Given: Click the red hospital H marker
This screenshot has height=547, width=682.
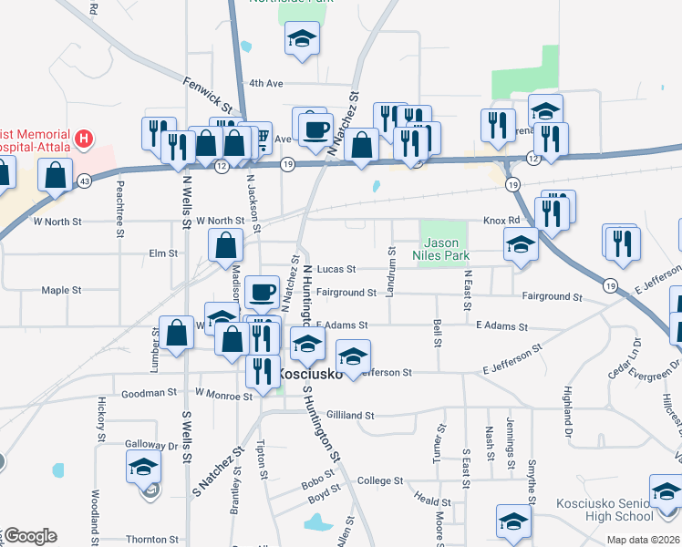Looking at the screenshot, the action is [x=84, y=139].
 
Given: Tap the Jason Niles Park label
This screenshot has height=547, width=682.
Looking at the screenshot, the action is [x=440, y=249].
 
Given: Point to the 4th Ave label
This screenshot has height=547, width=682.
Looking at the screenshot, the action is [x=267, y=83].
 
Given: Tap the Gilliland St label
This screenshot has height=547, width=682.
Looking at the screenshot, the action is [x=350, y=415].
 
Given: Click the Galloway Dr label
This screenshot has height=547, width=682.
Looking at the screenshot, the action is [x=151, y=446].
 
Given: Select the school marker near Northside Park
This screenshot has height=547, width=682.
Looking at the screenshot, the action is [x=302, y=39].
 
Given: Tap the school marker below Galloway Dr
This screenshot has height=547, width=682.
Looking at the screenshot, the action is [x=143, y=469].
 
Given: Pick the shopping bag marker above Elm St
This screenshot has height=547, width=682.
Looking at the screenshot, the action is [x=225, y=244].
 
